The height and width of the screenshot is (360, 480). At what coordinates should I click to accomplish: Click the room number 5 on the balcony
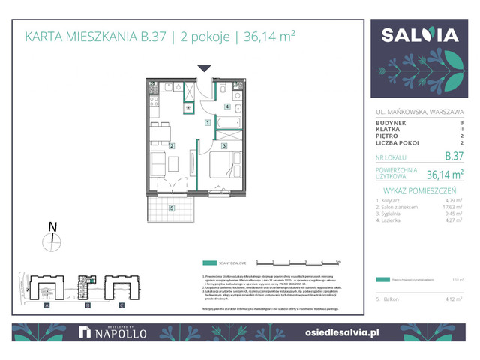click(172, 208)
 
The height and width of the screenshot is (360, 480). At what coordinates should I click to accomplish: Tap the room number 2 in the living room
click(172, 146)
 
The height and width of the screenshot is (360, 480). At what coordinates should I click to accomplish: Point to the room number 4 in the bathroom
click(228, 107)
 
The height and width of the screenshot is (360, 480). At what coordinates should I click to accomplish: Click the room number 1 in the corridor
click(207, 121)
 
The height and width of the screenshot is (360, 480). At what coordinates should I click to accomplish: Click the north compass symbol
click(52, 241)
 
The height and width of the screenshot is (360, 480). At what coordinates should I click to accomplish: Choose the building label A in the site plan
click(47, 305)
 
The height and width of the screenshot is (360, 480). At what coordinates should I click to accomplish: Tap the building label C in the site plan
click(121, 305)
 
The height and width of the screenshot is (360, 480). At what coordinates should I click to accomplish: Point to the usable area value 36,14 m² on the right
click(445, 175)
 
